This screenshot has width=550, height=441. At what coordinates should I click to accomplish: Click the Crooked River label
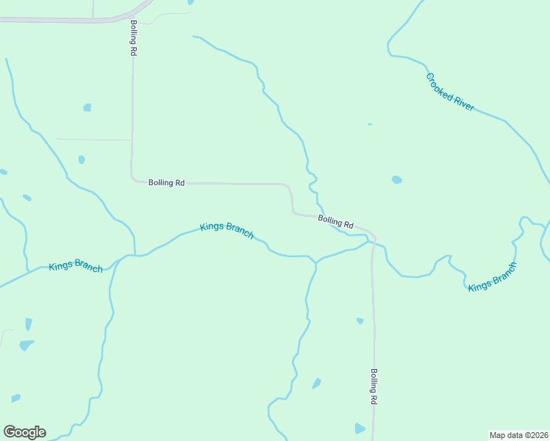tap(449, 92)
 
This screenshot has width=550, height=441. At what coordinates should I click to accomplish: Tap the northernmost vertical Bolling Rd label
tap(133, 39)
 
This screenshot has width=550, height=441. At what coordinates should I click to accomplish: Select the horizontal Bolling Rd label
tap(166, 183)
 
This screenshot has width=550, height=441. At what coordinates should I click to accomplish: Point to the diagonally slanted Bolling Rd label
tap(336, 220)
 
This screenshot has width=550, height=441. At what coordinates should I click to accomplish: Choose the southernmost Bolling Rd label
tap(374, 387)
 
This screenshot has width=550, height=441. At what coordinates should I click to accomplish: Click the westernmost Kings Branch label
tap(76, 266)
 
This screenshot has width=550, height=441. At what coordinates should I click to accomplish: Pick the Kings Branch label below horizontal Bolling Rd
tap(227, 230)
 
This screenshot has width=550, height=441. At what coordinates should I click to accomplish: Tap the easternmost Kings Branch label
tap(493, 276)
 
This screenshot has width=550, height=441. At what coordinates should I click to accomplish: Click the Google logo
tap(24, 432)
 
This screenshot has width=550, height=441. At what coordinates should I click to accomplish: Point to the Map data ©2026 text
tap(518, 434)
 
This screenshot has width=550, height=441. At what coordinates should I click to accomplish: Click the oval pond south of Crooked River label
tap(397, 179)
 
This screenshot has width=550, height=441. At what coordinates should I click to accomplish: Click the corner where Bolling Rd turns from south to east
tap(133, 179)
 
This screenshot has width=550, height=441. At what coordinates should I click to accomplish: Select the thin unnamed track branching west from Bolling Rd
tap(94, 139)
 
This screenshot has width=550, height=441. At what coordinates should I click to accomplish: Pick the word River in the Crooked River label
tap(462, 102)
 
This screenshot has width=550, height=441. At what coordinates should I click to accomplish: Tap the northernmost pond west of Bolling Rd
tap(87, 107)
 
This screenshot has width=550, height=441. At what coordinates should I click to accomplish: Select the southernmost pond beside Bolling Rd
tap(360, 429)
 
